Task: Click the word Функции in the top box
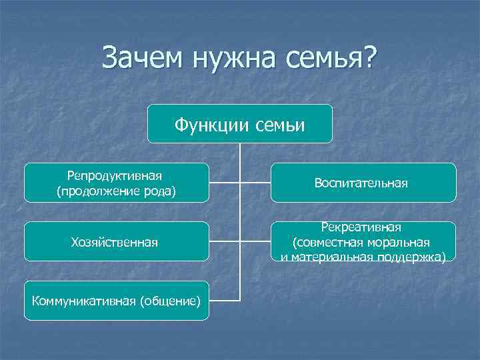pyautogui.click(x=207, y=124)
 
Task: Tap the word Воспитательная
pyautogui.click(x=363, y=183)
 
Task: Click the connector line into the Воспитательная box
pyautogui.click(x=255, y=182)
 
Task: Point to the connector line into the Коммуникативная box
pyautogui.click(x=224, y=300)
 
